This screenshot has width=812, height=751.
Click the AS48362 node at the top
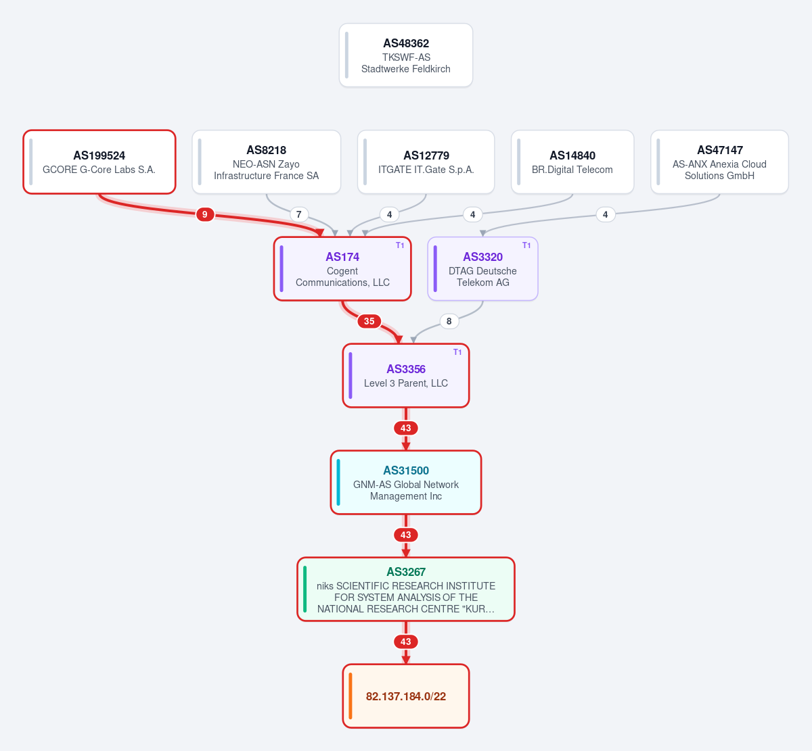point(405,55)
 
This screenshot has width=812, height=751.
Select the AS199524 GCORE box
point(99,162)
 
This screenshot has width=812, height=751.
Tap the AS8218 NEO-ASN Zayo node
point(266,162)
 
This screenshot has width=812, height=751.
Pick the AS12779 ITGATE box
point(426,162)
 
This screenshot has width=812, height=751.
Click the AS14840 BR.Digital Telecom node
point(572,162)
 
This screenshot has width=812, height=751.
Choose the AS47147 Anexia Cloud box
point(719,162)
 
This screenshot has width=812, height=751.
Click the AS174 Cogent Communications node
point(342,269)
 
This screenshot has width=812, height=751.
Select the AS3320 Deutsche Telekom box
point(482,269)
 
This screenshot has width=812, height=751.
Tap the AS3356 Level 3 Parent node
point(405,376)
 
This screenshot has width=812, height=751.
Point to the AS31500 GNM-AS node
point(405,483)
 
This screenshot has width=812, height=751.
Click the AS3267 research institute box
point(405,589)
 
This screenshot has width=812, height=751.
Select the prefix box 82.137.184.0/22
point(405,696)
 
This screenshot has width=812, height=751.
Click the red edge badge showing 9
point(205,214)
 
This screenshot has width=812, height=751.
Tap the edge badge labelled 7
point(299,214)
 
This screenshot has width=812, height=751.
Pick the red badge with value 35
point(369,321)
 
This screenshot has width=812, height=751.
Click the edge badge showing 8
point(449,321)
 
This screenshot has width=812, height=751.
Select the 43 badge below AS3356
point(405,428)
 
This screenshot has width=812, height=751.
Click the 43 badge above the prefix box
point(405,641)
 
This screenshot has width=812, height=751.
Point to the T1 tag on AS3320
point(526,245)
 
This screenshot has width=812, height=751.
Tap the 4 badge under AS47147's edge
point(605,214)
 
